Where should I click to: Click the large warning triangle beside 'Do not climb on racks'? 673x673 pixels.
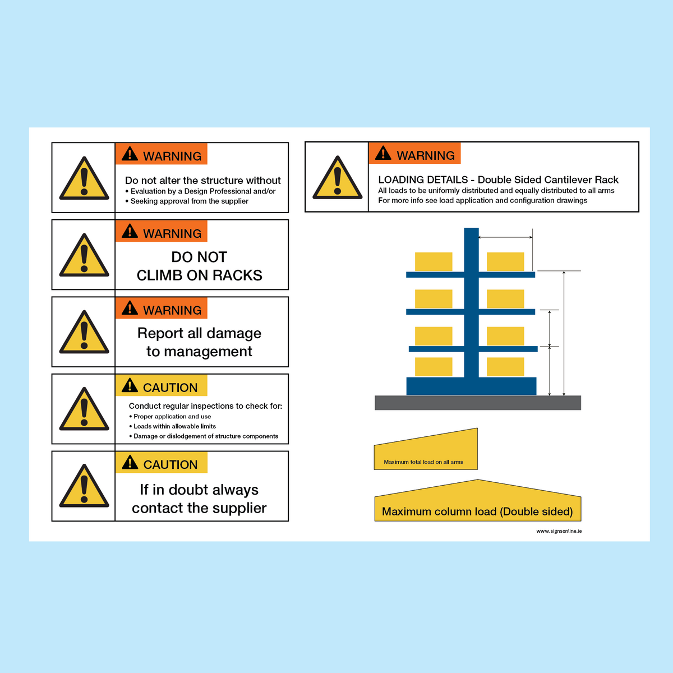pos(84,257)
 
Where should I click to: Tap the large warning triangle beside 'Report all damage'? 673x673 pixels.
pos(84,334)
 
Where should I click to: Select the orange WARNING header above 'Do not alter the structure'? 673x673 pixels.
pos(162,154)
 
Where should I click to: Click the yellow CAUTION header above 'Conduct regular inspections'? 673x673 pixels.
pos(162,386)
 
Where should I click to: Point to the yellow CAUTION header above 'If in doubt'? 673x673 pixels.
pos(162,463)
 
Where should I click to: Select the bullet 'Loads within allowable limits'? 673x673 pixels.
pos(174,426)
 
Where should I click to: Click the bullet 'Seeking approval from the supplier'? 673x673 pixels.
pos(189,201)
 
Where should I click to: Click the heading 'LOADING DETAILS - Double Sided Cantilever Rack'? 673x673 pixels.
pos(498,180)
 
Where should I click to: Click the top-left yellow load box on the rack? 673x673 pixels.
pos(434,262)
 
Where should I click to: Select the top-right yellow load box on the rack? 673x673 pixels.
pos(505,262)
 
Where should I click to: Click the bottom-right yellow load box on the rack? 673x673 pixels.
pos(505,367)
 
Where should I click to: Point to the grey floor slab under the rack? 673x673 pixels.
pos(477,403)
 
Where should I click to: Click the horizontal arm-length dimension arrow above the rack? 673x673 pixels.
pos(505,238)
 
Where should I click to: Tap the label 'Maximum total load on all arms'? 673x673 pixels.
pos(423,462)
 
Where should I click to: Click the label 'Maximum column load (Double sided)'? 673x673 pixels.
pos(477,511)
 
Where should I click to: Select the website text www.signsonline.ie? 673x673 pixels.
pos(559,531)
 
